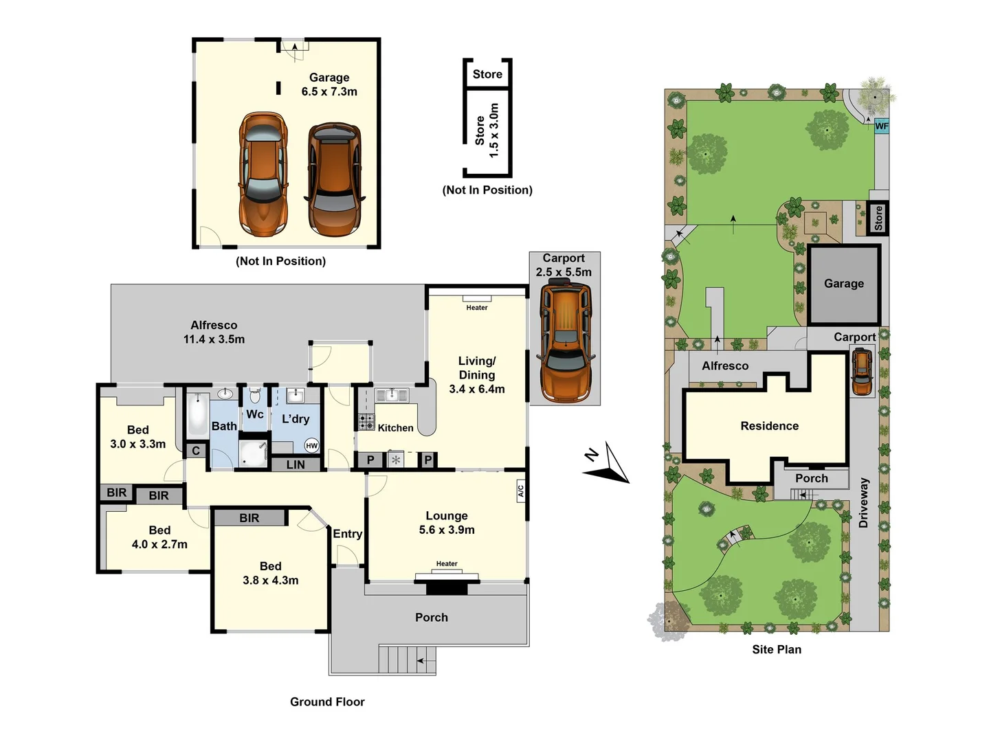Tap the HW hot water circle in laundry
tap(311, 445)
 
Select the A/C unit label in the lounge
tap(520, 491)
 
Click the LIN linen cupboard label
tap(296, 465)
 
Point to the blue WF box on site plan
tap(881, 126)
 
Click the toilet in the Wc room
tap(255, 396)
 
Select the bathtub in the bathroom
tap(197, 415)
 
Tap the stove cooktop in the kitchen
tap(366, 421)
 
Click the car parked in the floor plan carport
tap(565, 343)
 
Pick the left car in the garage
tap(263, 175)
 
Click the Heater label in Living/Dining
tap(476, 308)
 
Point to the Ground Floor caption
tap(327, 701)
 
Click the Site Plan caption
tap(777, 649)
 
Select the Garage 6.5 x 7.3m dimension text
tap(329, 91)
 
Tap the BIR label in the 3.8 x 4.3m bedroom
tap(249, 518)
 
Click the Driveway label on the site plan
tap(863, 503)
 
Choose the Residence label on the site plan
tap(769, 426)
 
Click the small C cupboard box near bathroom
tap(196, 451)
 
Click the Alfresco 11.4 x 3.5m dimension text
tap(214, 339)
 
